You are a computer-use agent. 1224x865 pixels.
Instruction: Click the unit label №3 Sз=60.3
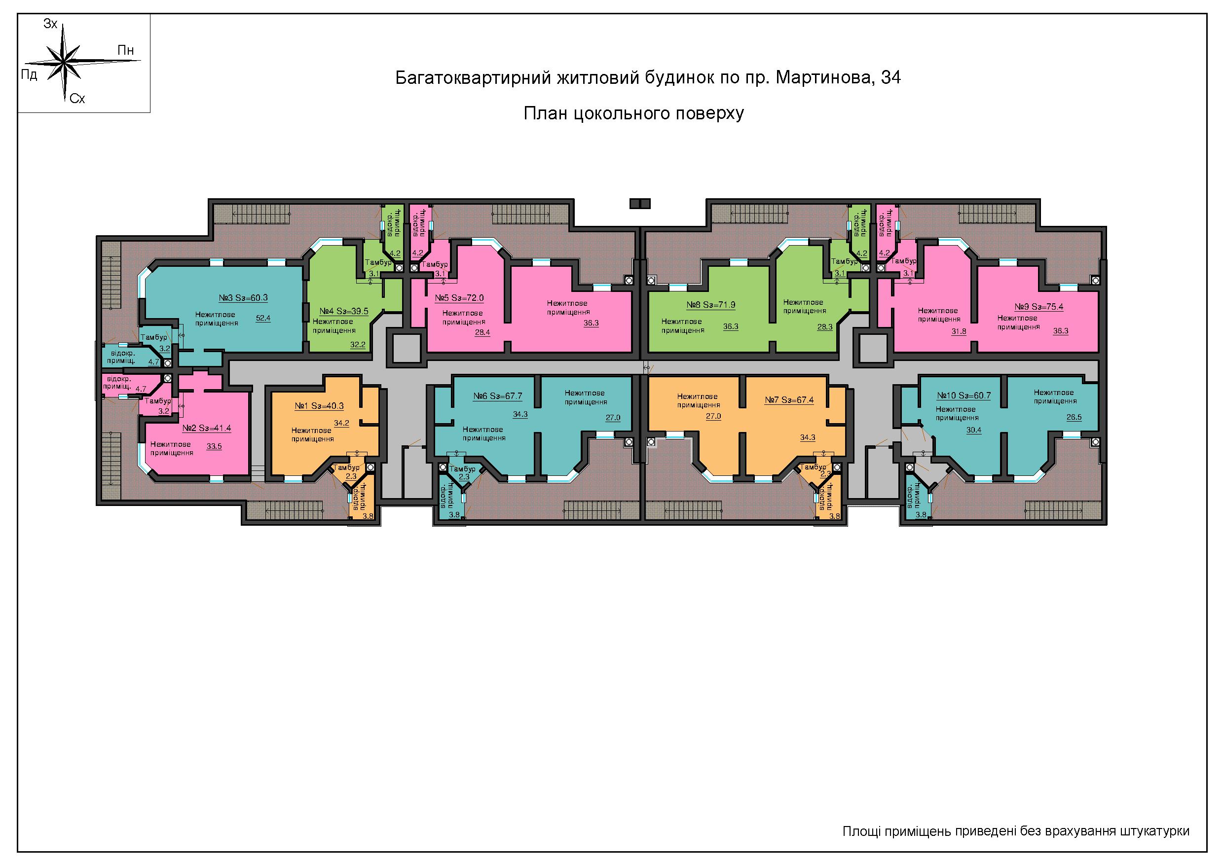click(243, 298)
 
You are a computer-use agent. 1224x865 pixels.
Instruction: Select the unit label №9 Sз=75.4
click(1039, 307)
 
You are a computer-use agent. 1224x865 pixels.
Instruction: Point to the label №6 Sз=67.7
click(498, 396)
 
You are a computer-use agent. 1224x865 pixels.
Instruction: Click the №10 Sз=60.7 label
click(964, 396)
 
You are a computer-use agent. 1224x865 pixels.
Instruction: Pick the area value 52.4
click(263, 318)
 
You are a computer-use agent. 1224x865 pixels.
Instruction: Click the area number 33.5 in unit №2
click(214, 447)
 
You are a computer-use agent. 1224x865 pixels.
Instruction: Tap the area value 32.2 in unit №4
click(358, 345)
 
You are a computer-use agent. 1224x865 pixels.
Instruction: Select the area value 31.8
click(959, 331)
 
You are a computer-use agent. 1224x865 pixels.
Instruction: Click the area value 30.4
click(974, 430)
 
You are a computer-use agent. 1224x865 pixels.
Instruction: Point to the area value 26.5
click(1074, 417)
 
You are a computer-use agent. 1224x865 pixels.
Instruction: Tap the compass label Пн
click(125, 51)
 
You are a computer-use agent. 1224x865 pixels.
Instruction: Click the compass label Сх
click(77, 99)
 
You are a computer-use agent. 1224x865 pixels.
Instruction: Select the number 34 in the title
click(891, 78)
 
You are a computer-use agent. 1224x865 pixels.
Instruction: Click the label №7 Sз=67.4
click(789, 400)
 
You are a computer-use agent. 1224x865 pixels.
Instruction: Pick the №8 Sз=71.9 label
click(711, 305)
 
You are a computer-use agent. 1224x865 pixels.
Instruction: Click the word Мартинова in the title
click(822, 78)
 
